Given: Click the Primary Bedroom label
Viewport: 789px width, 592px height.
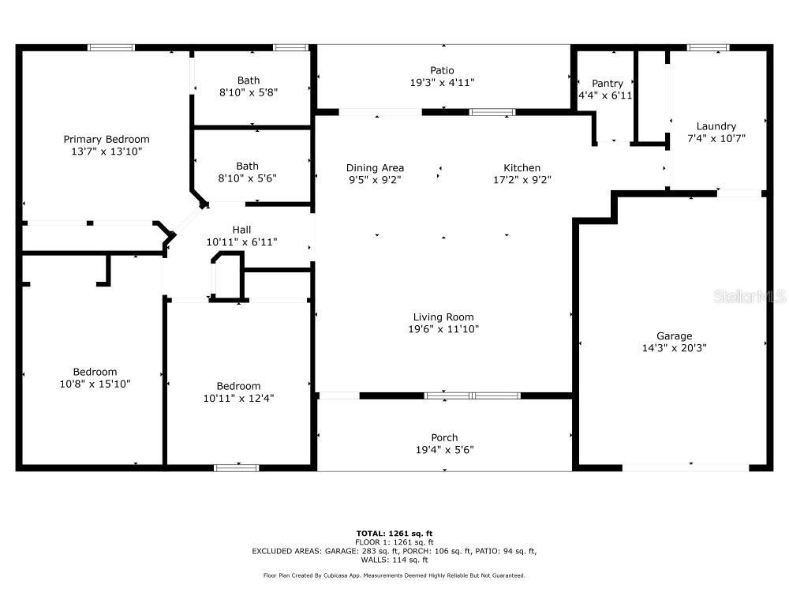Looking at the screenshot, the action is pyautogui.click(x=107, y=140).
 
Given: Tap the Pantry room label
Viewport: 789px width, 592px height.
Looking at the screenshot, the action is pyautogui.click(x=608, y=84).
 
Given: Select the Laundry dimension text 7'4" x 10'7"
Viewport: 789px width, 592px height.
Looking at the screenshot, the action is pyautogui.click(x=716, y=138).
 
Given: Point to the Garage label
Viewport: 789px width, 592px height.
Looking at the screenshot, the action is pyautogui.click(x=675, y=335).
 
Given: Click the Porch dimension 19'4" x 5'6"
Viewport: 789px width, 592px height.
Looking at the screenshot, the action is pyautogui.click(x=444, y=450).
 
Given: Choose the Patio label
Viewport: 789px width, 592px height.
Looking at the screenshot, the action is pyautogui.click(x=442, y=70).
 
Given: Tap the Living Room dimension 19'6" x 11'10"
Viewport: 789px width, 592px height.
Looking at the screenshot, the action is pyautogui.click(x=443, y=329).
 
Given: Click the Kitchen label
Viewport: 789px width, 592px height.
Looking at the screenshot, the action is pyautogui.click(x=522, y=168).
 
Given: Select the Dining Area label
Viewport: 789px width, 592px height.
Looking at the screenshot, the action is pyautogui.click(x=375, y=168).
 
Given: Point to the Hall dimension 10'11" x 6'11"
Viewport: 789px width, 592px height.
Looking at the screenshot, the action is pyautogui.click(x=241, y=242).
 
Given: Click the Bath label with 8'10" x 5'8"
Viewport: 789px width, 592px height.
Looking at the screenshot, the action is pyautogui.click(x=249, y=81).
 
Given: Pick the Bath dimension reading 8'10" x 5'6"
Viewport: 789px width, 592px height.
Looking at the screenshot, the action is pyautogui.click(x=247, y=178).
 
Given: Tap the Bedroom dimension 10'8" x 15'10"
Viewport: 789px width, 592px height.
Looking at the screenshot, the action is pyautogui.click(x=95, y=384).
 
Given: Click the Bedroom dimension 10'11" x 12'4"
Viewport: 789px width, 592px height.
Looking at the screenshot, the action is pyautogui.click(x=238, y=398).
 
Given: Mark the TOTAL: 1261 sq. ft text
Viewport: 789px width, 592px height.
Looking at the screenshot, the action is pyautogui.click(x=394, y=534).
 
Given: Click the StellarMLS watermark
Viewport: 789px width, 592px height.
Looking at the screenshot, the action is pyautogui.click(x=750, y=296).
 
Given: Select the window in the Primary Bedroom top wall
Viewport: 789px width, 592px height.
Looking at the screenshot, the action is pyautogui.click(x=111, y=48).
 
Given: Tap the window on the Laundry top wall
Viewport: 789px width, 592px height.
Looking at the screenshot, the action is pyautogui.click(x=708, y=48).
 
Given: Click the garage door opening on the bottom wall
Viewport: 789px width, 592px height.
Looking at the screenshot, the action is pyautogui.click(x=686, y=467).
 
